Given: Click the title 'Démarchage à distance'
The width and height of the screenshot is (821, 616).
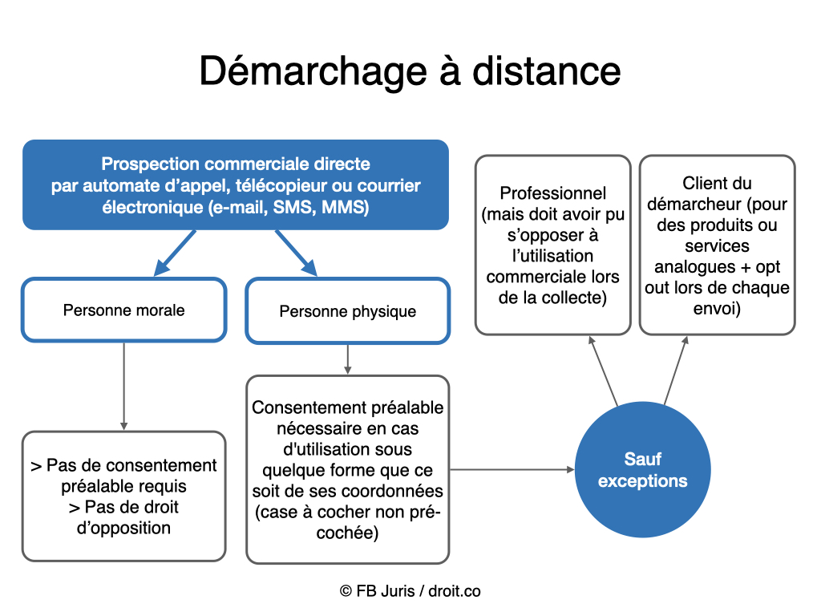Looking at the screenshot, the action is pos(410,71).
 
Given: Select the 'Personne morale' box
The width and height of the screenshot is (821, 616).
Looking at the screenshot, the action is pos(123,310).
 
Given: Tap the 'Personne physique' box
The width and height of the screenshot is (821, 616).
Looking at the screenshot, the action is pos(347,311).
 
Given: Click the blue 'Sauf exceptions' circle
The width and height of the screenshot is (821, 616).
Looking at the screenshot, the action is pos(642,470).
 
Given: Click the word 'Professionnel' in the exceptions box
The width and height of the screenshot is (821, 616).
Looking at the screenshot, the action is pos(553,193).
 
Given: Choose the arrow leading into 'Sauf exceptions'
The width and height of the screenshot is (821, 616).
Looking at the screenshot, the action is pos(513,469).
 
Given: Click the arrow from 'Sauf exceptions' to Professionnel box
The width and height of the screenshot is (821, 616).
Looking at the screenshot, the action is pos(603,371).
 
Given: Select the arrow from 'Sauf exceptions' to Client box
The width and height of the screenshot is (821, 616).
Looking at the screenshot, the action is pos(677,370).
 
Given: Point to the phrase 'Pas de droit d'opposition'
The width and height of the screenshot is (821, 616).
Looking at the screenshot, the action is pos(123,517).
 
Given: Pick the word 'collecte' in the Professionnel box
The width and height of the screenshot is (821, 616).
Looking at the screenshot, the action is pos(575,298).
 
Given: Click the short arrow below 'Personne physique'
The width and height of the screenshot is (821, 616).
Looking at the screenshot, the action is pos(347,359).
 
